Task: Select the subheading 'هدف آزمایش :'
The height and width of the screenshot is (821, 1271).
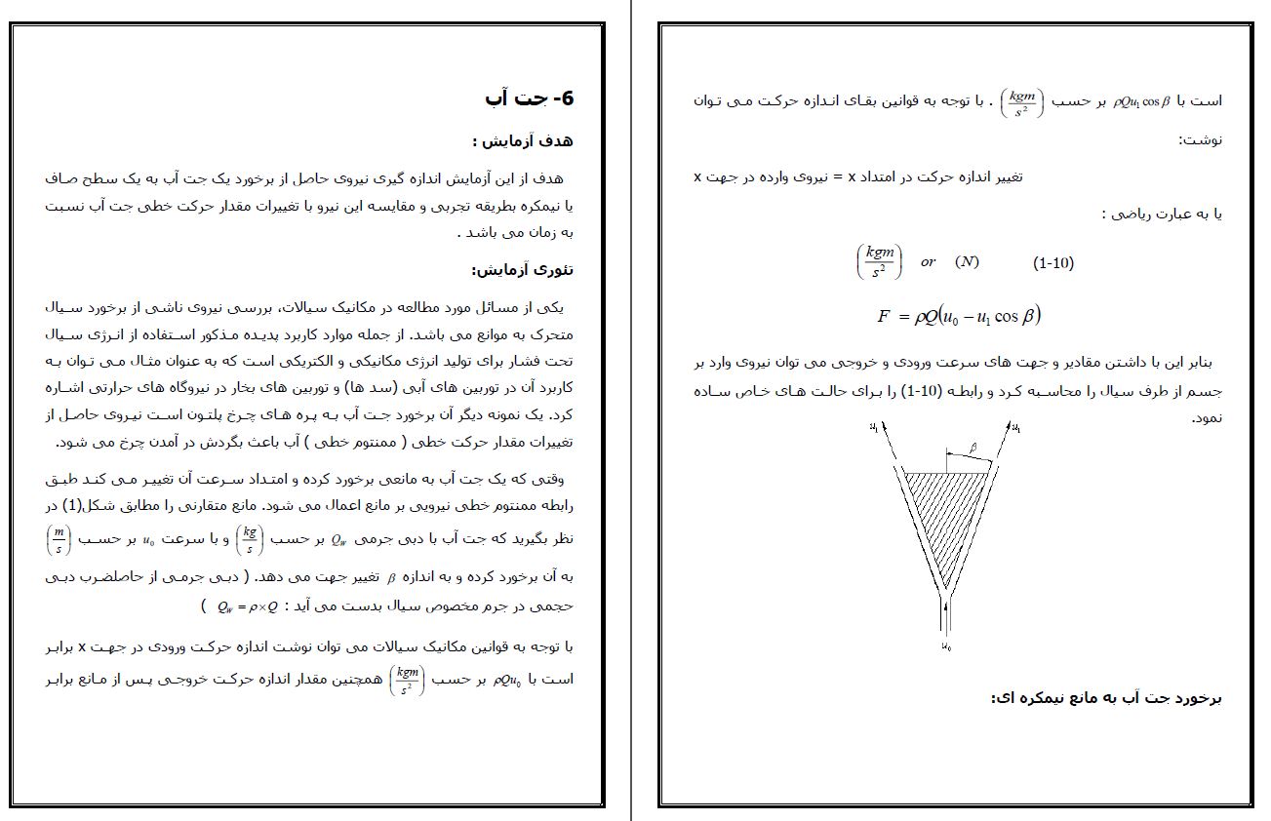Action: point(523,141)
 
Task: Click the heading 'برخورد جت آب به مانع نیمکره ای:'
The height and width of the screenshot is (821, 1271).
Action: point(1107,698)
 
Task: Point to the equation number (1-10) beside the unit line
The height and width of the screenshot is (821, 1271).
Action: point(1053,263)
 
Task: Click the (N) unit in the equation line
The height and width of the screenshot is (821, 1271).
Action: point(967,261)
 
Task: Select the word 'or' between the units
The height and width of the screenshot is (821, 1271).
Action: point(928,261)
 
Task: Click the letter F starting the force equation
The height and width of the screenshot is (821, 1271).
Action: point(884,316)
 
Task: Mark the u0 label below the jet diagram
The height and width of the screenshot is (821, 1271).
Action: point(946,646)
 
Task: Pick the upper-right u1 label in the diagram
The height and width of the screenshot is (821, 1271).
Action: point(1016,427)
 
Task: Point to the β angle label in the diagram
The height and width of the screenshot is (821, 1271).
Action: point(973,448)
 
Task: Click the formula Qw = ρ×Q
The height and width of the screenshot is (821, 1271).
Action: point(250,606)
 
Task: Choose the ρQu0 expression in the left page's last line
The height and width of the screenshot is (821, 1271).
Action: point(507,681)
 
